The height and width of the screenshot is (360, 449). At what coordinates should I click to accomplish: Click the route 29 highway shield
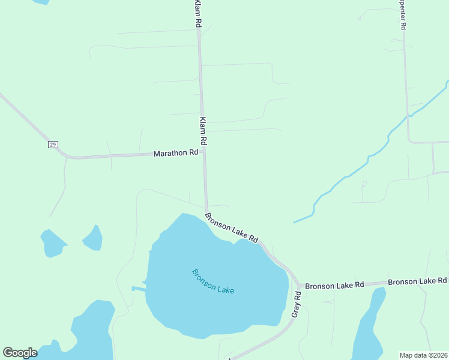click(53, 145)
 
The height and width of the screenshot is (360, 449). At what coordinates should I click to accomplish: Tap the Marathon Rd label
click(175, 153)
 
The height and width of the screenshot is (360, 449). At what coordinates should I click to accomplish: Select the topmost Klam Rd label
click(197, 13)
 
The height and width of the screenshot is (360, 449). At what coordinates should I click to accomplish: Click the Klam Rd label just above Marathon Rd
click(203, 131)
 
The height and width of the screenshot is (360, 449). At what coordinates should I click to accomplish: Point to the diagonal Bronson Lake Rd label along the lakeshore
click(231, 227)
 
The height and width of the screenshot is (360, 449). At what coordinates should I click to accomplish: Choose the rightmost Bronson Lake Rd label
click(417, 281)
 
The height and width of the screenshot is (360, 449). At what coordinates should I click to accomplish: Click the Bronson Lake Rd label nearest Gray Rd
click(334, 286)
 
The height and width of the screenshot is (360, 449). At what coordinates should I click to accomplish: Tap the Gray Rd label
click(296, 305)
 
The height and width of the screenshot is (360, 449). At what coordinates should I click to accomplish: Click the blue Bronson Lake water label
click(213, 281)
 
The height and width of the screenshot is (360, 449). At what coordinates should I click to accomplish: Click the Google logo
click(20, 353)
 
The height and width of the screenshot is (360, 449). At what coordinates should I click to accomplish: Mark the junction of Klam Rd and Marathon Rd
click(205, 152)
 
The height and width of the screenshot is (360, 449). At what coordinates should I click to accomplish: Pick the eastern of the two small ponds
click(94, 238)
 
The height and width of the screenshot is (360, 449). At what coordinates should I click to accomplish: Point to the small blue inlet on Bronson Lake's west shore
click(137, 289)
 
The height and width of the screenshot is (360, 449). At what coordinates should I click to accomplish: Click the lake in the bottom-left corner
click(90, 333)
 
